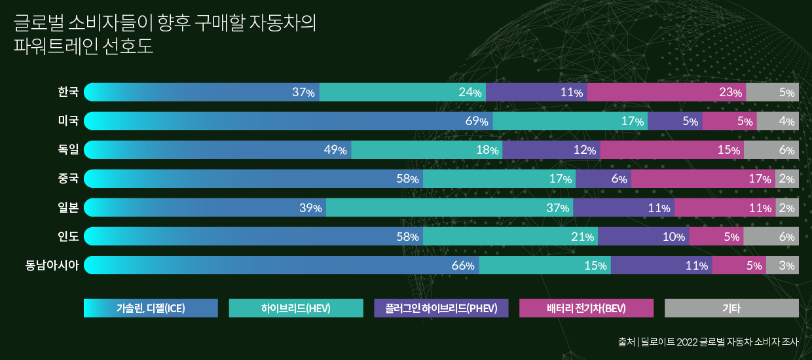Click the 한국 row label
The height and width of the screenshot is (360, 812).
68,92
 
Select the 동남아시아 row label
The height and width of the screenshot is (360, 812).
52,265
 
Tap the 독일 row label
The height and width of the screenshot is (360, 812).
68,150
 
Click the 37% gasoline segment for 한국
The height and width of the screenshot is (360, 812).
202,92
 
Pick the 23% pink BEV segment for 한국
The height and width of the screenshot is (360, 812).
667,92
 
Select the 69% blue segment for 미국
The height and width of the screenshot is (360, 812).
288,121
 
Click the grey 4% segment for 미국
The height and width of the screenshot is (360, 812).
777,121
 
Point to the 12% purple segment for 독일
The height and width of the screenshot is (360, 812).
551,150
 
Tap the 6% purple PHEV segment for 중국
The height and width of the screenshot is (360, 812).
603,179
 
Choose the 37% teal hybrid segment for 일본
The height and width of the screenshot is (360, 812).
449,207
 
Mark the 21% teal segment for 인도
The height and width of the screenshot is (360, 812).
510,236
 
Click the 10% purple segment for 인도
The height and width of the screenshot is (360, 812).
643,236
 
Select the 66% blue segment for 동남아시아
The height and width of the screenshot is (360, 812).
282,265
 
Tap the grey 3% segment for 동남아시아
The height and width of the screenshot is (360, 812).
782,265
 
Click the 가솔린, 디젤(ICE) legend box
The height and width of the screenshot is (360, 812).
151,308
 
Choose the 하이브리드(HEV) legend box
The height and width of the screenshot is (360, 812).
296,308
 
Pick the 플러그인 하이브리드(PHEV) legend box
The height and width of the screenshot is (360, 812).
441,308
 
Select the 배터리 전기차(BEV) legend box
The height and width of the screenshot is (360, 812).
586,308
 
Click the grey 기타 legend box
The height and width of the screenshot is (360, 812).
731,308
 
